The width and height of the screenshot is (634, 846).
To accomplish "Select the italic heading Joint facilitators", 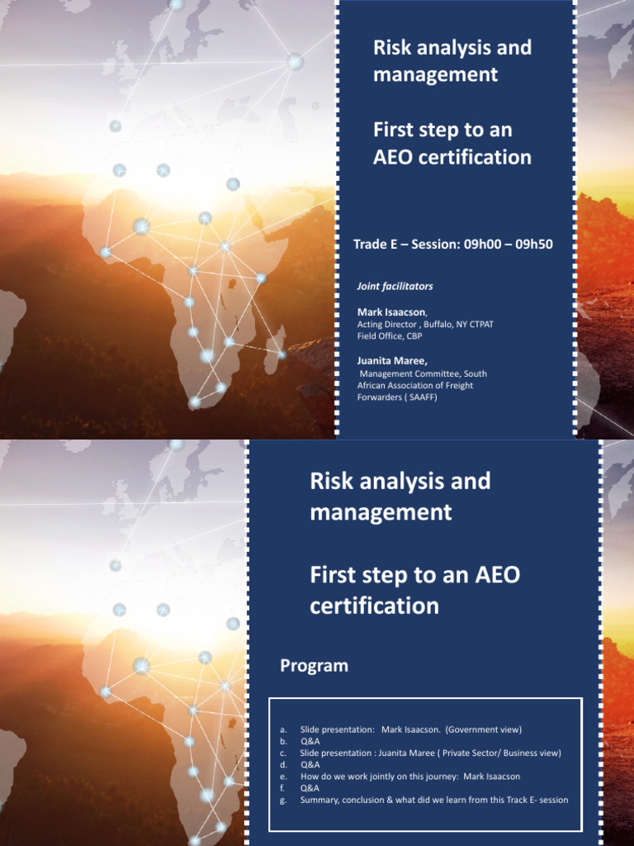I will [395, 287].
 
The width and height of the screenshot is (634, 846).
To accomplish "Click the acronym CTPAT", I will [480, 325].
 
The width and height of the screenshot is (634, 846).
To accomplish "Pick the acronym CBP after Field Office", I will [414, 336].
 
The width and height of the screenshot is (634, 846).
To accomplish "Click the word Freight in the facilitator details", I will [458, 386].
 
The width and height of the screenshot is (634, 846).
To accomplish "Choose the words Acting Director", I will [386, 325].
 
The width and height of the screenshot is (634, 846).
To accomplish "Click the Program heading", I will [314, 666].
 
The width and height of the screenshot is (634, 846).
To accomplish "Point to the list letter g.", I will [283, 800].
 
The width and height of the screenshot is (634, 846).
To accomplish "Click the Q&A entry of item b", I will [310, 741].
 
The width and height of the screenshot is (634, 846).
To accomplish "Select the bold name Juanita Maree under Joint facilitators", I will [392, 361].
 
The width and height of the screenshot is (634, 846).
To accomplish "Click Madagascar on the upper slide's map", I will [276, 340].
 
